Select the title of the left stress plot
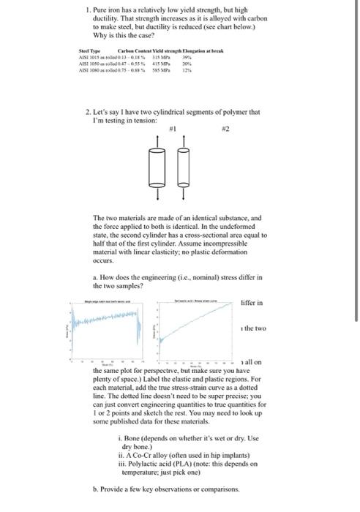[107, 301]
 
